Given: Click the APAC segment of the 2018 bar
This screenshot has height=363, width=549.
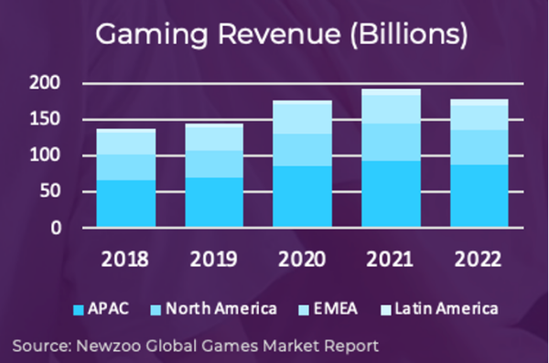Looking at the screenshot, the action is click(x=126, y=204).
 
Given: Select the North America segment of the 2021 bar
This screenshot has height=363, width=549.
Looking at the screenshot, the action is click(x=391, y=142).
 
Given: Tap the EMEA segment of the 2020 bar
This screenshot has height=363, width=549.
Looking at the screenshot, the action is click(x=303, y=119).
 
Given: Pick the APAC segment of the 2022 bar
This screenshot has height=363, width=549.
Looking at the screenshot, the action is click(x=479, y=196).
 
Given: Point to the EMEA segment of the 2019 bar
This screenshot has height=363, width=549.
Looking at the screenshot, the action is click(x=214, y=139).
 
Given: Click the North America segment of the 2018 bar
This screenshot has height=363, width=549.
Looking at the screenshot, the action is click(x=126, y=167).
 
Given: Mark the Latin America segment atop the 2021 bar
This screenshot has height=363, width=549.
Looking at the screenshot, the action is click(x=391, y=92).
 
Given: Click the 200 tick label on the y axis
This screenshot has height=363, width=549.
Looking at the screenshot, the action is click(x=45, y=83).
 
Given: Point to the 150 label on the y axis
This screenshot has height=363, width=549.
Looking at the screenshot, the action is click(x=45, y=119).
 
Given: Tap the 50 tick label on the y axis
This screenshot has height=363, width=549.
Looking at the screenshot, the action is click(x=50, y=191).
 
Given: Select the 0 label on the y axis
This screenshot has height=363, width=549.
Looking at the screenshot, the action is click(x=56, y=228).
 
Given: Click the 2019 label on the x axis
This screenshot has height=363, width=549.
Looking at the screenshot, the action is click(x=213, y=260).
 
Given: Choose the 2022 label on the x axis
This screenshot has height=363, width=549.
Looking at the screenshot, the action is click(x=478, y=260).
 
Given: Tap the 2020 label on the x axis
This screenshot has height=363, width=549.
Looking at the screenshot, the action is click(x=302, y=260).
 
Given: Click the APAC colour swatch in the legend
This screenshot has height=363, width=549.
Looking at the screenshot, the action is click(x=79, y=310).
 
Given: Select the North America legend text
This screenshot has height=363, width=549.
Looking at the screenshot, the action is click(x=221, y=309).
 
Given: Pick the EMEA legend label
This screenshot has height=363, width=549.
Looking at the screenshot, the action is click(x=336, y=309).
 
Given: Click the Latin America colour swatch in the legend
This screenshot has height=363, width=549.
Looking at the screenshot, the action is click(x=386, y=310).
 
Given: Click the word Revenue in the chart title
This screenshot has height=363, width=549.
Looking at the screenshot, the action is click(x=279, y=35).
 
